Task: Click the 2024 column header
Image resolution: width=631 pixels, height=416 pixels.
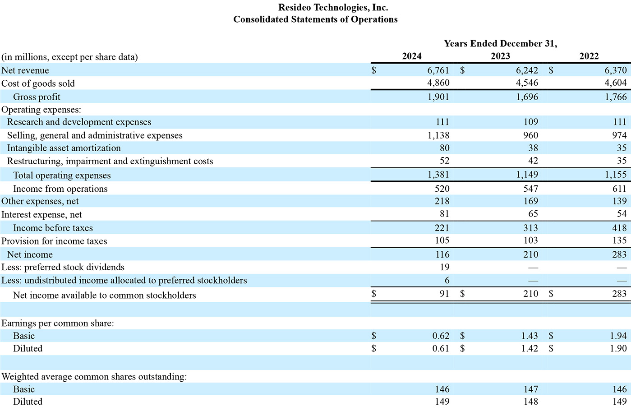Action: [411, 56]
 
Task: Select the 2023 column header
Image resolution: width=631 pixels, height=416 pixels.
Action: [500, 56]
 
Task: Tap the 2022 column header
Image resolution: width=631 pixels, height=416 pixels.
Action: [589, 56]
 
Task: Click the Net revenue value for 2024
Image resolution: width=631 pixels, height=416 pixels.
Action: [438, 70]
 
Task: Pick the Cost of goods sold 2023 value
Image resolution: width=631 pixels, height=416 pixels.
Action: [527, 83]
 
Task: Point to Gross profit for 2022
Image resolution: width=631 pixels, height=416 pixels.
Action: [616, 97]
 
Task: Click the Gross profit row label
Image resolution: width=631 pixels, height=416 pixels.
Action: [37, 97]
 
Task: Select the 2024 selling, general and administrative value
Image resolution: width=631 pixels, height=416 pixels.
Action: [438, 135]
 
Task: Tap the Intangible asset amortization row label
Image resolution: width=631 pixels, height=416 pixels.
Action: [64, 148]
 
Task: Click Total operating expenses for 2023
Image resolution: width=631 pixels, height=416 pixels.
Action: [527, 175]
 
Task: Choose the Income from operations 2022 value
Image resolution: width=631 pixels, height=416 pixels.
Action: [619, 188]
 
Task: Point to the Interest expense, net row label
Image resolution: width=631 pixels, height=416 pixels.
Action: [41, 214]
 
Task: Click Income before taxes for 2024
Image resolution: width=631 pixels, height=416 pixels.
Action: [442, 228]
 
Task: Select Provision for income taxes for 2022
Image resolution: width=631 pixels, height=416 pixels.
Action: [619, 240]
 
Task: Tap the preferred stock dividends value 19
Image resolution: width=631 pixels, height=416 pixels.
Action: [445, 267]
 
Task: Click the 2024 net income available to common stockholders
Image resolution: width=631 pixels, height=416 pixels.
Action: [445, 294]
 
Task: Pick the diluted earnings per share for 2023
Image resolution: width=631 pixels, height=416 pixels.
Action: [530, 348]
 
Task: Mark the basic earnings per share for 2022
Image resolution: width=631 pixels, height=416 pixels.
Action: [618, 336]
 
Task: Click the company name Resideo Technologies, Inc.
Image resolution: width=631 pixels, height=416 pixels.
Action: [333, 8]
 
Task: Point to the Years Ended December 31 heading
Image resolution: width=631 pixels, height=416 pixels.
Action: [501, 43]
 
